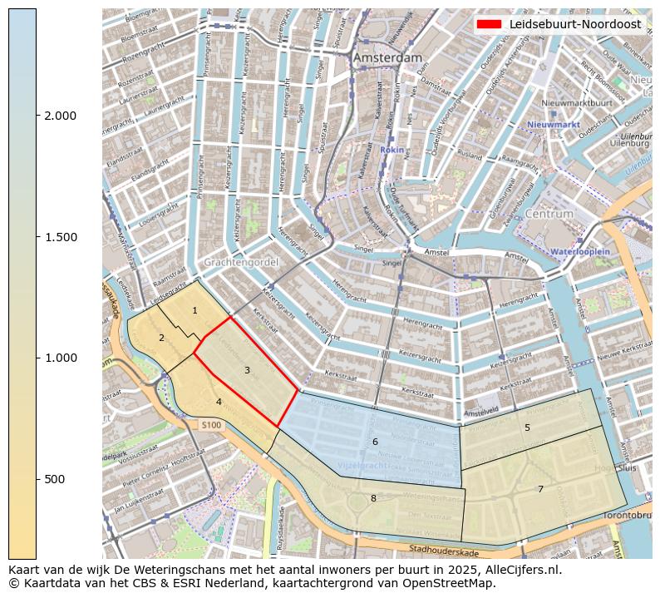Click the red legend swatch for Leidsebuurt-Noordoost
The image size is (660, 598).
point(490,24)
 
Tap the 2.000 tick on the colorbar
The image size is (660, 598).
point(60,116)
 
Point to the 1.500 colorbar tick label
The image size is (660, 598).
point(60,237)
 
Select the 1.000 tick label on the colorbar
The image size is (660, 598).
point(60,358)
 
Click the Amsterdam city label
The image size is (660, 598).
point(387,58)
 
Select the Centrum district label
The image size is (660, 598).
point(549,214)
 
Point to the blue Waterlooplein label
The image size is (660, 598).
point(580,250)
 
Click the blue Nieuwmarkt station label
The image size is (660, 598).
point(553,125)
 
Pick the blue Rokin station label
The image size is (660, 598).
point(392,150)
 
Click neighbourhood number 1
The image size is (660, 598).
point(195,311)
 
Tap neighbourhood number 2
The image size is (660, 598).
point(161,338)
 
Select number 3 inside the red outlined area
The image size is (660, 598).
point(247,370)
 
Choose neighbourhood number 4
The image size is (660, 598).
point(219,402)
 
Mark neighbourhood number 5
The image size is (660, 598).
point(527,427)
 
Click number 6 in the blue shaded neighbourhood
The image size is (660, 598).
point(375,442)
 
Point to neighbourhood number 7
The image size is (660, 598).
point(540,489)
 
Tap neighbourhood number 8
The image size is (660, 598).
point(373,498)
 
